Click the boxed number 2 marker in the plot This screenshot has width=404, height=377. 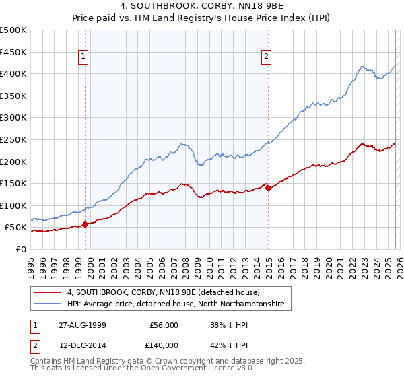(x=267, y=57)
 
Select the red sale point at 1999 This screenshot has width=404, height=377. (x=85, y=224)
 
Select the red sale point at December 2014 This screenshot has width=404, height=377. (x=268, y=188)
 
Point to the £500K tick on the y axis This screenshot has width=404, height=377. (x=13, y=30)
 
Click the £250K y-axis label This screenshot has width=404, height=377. (x=13, y=139)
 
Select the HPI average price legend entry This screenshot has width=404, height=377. (x=176, y=304)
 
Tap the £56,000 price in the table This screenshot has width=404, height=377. (x=164, y=325)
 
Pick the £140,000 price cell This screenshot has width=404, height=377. (x=164, y=345)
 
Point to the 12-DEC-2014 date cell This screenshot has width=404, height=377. (x=80, y=345)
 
